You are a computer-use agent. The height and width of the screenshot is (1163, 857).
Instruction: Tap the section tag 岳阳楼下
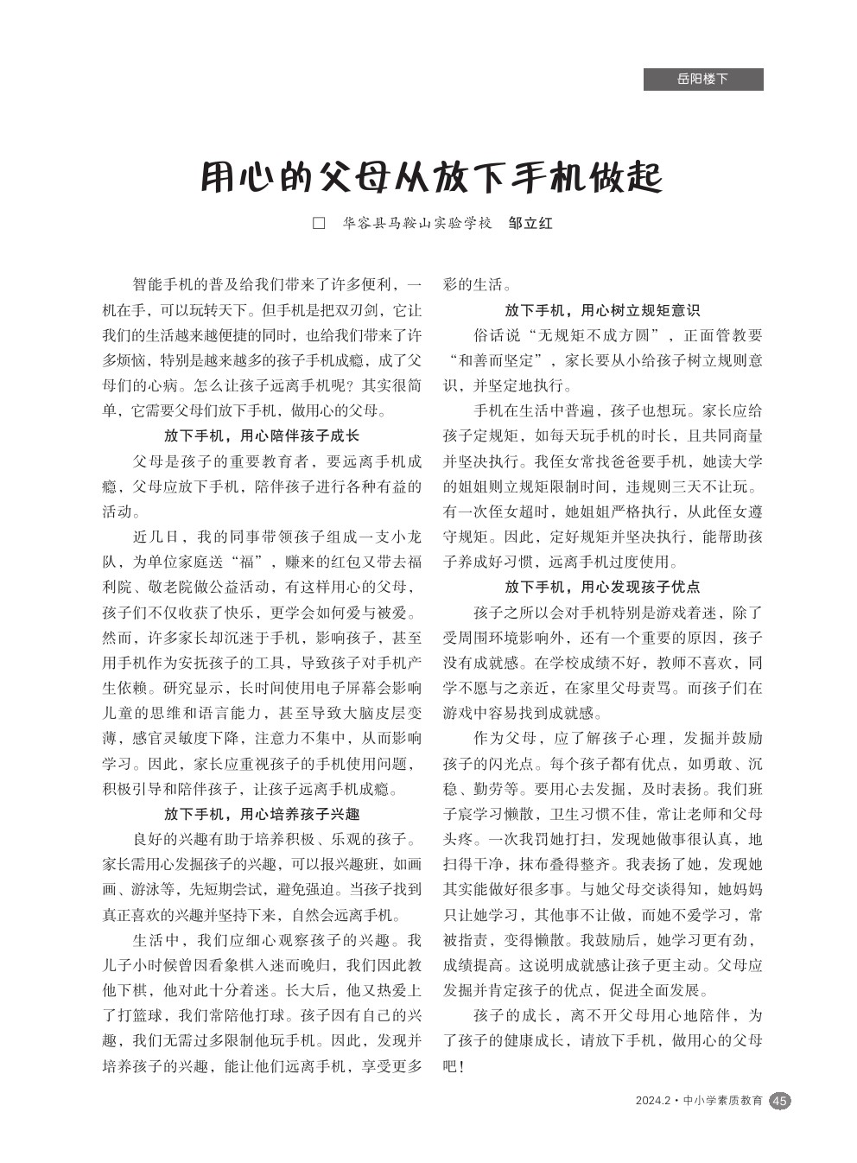tap(702, 79)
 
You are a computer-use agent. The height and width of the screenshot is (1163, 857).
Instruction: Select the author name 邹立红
tap(530, 223)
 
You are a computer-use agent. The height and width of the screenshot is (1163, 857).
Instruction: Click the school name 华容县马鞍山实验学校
tap(416, 223)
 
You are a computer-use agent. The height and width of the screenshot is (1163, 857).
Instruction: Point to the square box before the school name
tap(319, 223)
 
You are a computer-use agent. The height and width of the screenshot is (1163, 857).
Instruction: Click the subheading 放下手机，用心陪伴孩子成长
tap(262, 435)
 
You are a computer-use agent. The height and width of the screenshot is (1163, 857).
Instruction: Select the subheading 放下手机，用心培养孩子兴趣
tap(262, 813)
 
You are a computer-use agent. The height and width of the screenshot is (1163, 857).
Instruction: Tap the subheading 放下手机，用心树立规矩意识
tap(602, 310)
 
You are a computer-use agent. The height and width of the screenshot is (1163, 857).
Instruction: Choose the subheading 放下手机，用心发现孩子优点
tap(602, 587)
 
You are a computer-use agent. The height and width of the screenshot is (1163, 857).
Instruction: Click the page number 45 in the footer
tap(779, 1101)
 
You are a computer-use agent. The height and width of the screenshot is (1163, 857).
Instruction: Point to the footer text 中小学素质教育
tap(722, 1101)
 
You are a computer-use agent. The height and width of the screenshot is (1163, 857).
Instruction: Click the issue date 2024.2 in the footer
tap(652, 1101)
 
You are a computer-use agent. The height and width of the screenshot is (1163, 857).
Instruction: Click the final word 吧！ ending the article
tap(454, 1066)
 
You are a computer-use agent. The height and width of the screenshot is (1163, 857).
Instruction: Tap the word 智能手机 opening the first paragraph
tap(162, 284)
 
